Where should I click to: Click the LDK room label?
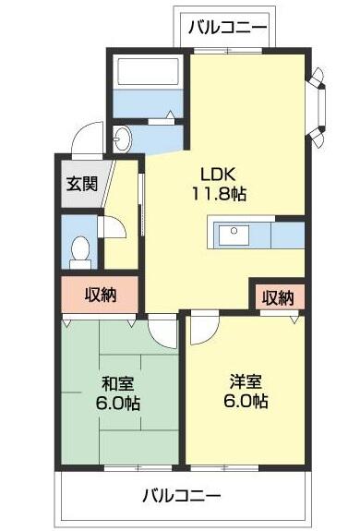(x=217, y=174)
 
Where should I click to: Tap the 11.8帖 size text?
(x=220, y=194)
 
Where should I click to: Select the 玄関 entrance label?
(x=82, y=184)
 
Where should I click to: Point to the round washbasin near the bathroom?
(x=122, y=139)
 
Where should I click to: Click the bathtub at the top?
(x=149, y=72)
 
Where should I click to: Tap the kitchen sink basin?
(x=234, y=235)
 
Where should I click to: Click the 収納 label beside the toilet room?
(x=101, y=295)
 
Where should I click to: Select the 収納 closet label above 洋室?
(x=279, y=298)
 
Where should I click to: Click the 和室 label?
(x=118, y=384)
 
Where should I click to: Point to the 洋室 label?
(x=246, y=382)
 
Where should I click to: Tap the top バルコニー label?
(x=228, y=27)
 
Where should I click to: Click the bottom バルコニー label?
(x=181, y=497)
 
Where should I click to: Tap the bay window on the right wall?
(x=318, y=108)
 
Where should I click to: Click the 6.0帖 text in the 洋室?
(x=246, y=402)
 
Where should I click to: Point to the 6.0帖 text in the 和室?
(x=118, y=404)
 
